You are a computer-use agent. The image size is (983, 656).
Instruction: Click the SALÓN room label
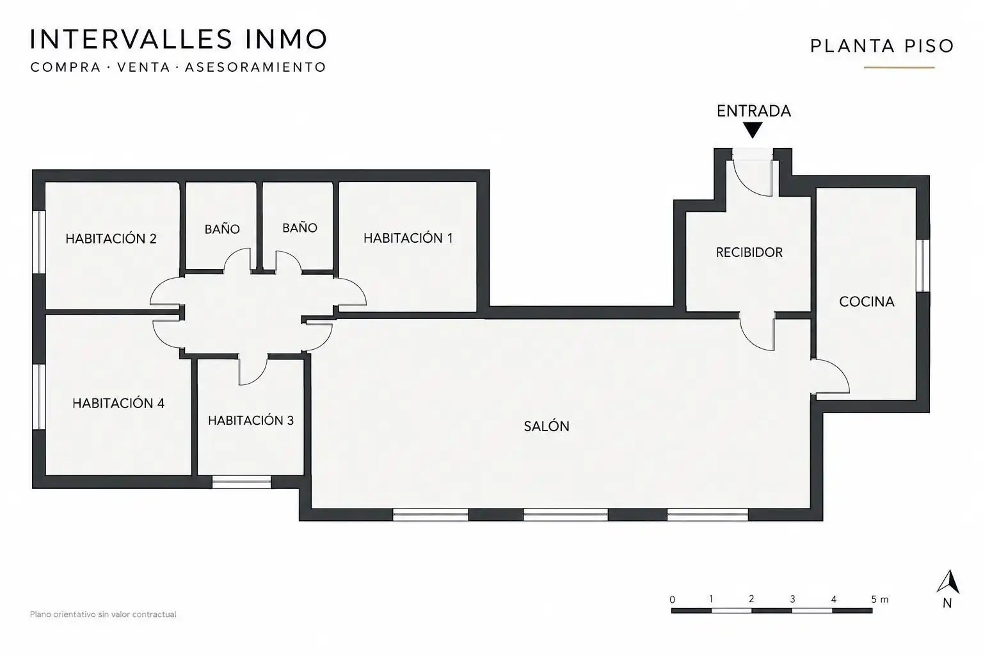(547, 426)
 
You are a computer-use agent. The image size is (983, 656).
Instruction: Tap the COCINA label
(867, 302)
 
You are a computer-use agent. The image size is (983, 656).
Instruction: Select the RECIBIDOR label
(749, 252)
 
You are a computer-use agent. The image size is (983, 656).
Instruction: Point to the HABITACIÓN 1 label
(408, 238)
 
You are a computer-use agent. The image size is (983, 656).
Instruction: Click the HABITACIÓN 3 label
(251, 420)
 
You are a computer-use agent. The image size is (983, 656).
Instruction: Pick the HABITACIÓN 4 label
(118, 403)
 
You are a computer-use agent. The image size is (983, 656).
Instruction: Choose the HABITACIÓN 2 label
(111, 238)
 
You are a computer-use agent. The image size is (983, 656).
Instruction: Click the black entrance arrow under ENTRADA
(753, 129)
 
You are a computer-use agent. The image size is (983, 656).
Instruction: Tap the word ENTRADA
(753, 111)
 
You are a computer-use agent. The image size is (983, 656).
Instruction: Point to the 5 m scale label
(879, 599)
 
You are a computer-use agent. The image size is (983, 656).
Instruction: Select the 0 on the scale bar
(673, 600)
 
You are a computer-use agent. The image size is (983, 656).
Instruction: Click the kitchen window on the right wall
(923, 265)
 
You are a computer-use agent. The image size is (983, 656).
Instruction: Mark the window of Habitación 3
(241, 482)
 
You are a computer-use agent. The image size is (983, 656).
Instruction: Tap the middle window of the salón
(566, 514)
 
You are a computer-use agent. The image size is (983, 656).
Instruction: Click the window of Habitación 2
(40, 242)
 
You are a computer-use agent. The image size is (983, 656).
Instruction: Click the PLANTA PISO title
(882, 46)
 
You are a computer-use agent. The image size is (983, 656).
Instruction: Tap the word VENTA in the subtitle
(143, 67)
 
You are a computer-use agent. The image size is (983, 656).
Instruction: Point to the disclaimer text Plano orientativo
(103, 614)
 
